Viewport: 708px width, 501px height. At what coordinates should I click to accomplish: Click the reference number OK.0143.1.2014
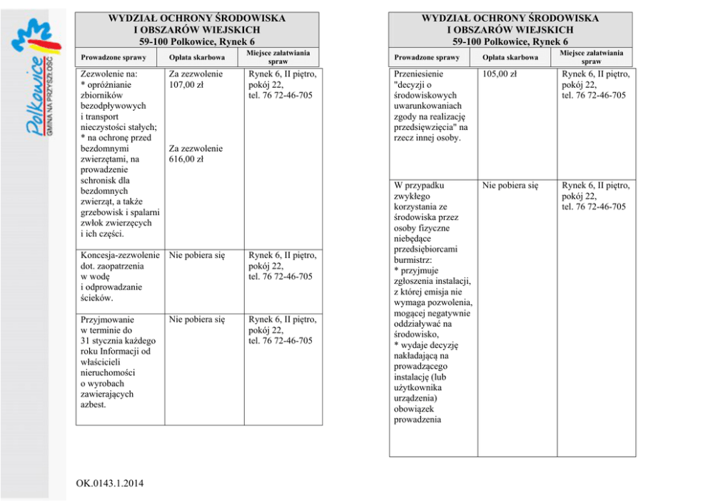click(109, 484)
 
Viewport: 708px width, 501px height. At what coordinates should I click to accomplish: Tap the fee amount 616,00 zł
click(186, 159)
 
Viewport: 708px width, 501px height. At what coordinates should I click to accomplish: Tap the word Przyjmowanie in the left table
click(108, 319)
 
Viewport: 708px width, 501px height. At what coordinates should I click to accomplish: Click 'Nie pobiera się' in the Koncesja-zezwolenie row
click(196, 255)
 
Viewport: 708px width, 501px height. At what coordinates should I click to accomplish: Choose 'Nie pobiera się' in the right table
click(510, 186)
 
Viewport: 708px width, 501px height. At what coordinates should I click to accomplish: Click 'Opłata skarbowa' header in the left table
click(197, 57)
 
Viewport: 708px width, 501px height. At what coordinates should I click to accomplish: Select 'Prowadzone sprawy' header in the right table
click(426, 57)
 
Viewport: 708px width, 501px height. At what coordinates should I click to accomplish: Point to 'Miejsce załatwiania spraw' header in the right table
click(591, 57)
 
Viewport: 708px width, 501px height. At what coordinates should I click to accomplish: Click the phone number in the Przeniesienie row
click(594, 96)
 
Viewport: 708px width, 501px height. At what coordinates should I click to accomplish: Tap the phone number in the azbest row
click(280, 341)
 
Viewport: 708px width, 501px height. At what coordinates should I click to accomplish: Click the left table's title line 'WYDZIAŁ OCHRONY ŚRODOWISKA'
click(196, 19)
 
